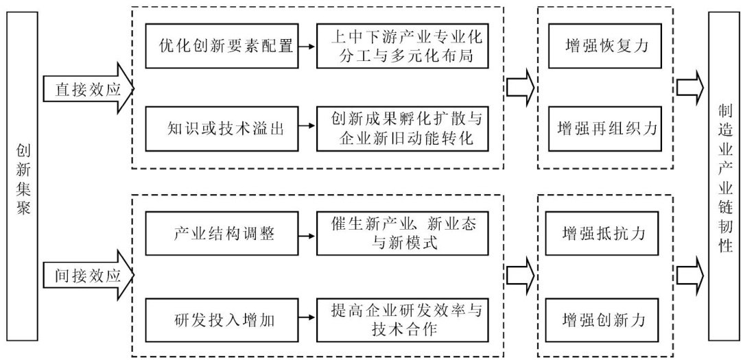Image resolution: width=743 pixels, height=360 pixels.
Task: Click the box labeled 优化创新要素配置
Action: point(223,47)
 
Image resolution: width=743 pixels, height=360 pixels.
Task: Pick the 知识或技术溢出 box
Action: point(223,128)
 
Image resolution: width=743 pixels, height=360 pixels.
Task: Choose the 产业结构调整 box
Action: point(223,233)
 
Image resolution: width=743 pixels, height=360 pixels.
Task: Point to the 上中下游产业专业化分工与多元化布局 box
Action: point(403,47)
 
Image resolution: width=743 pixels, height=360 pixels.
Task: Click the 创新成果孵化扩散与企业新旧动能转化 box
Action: point(403,128)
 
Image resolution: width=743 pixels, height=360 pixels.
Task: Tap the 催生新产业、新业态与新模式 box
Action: point(403,233)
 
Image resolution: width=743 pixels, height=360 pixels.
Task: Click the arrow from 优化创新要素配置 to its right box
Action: point(307,47)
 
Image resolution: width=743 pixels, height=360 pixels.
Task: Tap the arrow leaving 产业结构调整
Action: point(307,233)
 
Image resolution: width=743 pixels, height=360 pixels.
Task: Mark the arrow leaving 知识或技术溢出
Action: point(307,128)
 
